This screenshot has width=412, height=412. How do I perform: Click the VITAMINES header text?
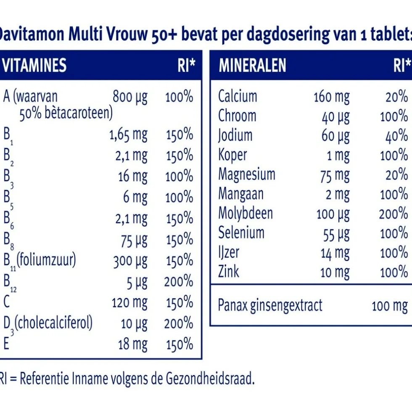click(34, 66)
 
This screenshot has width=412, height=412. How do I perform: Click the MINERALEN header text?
click(252, 66)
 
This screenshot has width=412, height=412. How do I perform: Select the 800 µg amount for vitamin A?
click(130, 97)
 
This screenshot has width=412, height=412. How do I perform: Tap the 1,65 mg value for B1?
click(128, 135)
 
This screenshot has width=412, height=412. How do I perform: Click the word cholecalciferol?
click(54, 323)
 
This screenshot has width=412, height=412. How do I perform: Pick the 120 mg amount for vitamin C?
click(129, 303)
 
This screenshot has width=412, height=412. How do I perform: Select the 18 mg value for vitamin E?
click(133, 344)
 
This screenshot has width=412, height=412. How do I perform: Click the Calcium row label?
click(238, 96)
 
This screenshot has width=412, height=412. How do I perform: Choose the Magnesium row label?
click(247, 174)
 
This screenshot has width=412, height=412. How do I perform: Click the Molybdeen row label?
click(246, 213)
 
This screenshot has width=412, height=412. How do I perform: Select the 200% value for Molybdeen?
click(394, 214)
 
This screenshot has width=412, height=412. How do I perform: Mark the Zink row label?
click(229, 272)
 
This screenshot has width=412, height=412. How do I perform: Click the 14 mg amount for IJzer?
click(335, 253)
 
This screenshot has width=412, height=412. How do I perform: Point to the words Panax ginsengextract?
click(270, 305)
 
